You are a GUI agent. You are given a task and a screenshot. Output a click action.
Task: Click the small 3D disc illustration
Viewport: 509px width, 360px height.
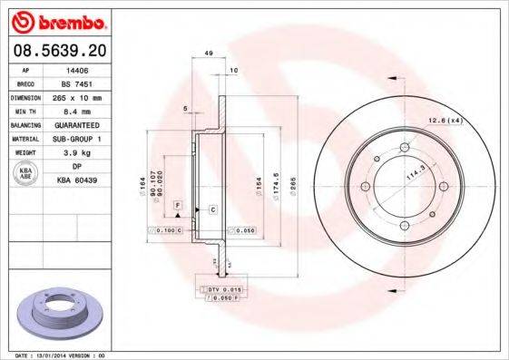59,313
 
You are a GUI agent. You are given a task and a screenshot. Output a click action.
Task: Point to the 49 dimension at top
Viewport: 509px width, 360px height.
208,54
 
